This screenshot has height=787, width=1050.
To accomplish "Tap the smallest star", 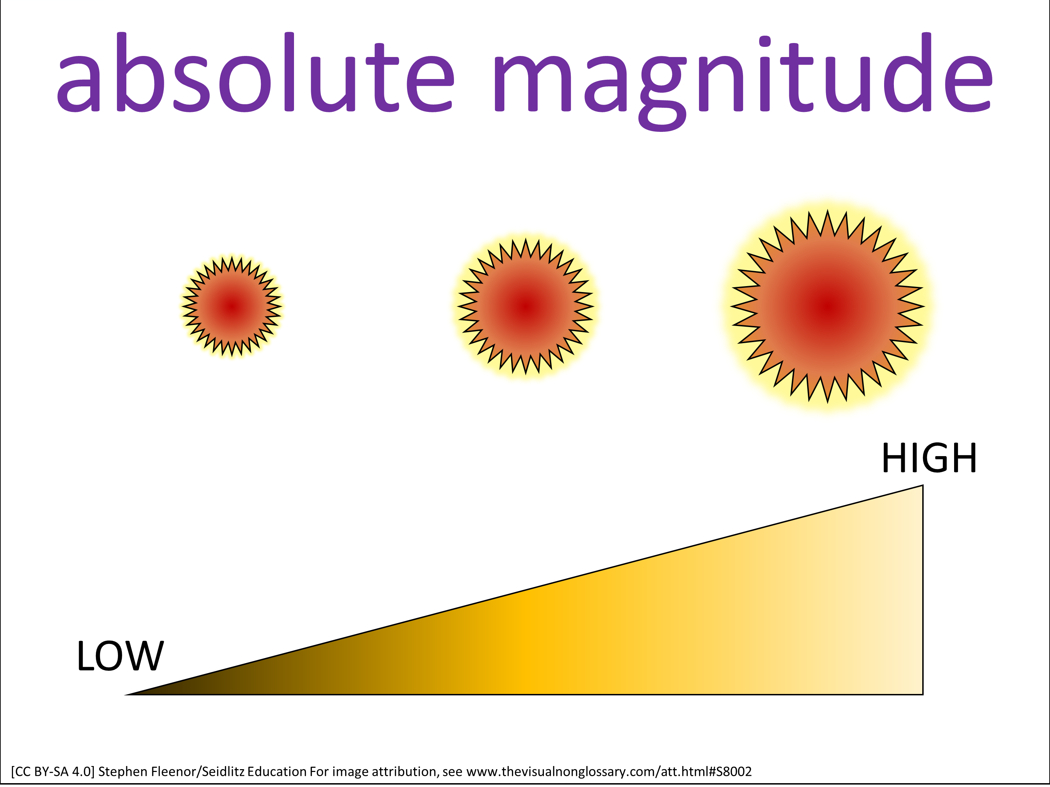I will pyautogui.click(x=232, y=307).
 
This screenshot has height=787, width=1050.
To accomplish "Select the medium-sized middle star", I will pyautogui.click(x=525, y=306).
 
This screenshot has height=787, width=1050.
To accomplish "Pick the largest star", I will pyautogui.click(x=827, y=306).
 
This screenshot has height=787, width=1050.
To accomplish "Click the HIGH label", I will pyautogui.click(x=929, y=459).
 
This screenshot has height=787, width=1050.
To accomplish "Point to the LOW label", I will pyautogui.click(x=120, y=657).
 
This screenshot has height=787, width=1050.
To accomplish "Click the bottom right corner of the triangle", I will pyautogui.click(x=922, y=694).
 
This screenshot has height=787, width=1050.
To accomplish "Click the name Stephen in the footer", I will pyautogui.click(x=123, y=771).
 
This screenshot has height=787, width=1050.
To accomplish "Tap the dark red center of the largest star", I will pyautogui.click(x=827, y=306).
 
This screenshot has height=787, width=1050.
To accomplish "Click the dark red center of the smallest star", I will pyautogui.click(x=232, y=307).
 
